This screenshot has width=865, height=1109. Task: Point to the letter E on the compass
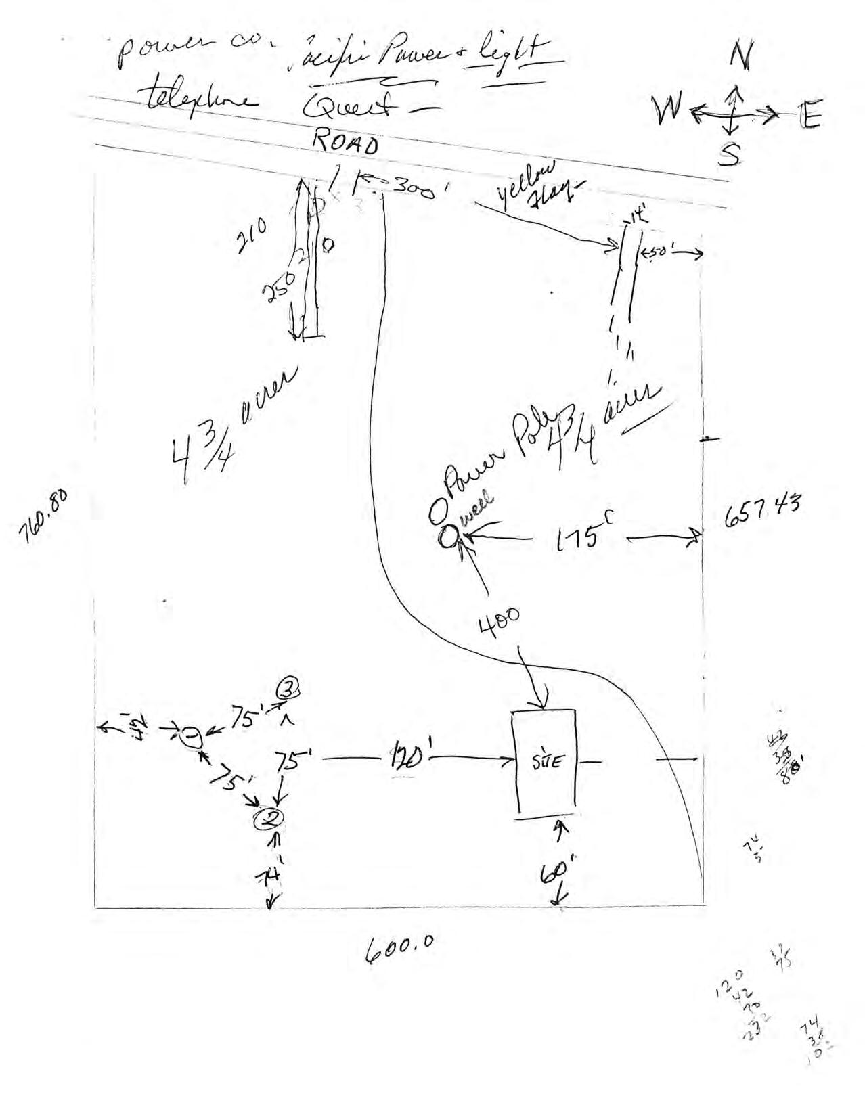[809, 116]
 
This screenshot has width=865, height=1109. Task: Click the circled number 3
[287, 690]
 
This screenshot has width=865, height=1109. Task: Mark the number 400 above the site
[500, 620]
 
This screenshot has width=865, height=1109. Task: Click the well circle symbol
[447, 537]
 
